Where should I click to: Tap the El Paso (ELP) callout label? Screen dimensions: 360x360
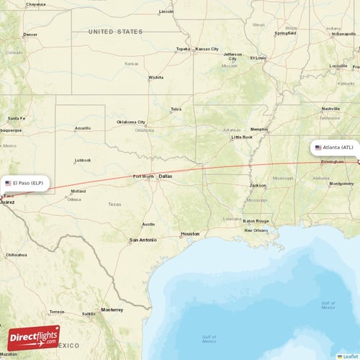(x=25, y=183)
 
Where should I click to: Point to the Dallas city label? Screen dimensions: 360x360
(x=166, y=176)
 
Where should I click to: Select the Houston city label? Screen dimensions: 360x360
(x=190, y=234)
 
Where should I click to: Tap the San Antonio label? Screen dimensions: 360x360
(x=143, y=240)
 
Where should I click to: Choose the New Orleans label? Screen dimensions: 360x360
(x=256, y=230)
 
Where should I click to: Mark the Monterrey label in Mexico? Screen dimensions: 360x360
(x=112, y=310)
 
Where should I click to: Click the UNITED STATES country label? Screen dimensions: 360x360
(x=115, y=32)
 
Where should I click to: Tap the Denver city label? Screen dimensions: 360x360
(x=30, y=35)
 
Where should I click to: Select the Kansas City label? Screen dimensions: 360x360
(x=207, y=49)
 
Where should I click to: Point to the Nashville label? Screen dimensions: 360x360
(x=331, y=108)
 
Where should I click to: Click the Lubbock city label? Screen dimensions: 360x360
(x=83, y=160)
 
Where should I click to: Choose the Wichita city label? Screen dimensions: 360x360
(x=156, y=77)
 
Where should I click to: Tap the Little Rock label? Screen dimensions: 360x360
(x=242, y=137)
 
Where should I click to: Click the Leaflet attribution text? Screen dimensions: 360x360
(x=349, y=356)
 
